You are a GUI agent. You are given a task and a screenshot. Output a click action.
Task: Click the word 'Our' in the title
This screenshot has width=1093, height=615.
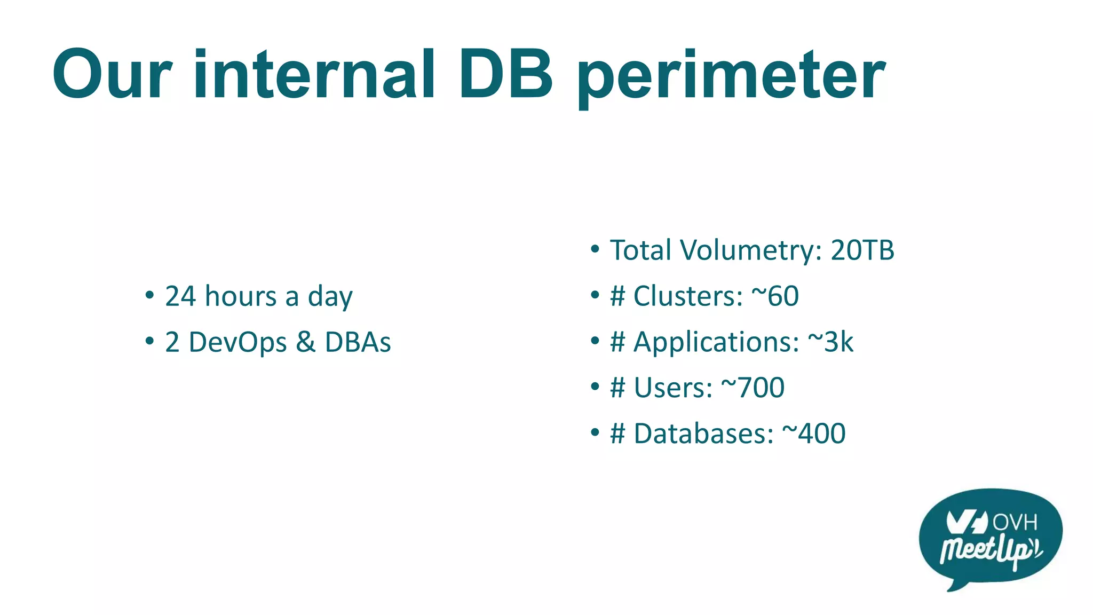tap(113, 75)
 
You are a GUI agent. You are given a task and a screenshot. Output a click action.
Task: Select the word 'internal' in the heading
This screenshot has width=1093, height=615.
tap(314, 75)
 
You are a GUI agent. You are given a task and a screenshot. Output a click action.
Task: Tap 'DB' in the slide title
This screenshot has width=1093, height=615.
tap(506, 75)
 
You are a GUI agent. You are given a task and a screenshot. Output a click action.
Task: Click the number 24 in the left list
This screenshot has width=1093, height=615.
tap(180, 296)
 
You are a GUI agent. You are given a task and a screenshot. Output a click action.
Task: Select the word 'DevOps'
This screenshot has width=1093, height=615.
tap(237, 342)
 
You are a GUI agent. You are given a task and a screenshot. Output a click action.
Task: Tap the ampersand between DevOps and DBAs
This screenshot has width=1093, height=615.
tap(305, 342)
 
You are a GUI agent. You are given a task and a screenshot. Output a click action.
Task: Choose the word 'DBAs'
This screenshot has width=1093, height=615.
tap(358, 342)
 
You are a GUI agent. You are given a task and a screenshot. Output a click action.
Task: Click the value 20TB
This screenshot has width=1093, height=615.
tap(862, 250)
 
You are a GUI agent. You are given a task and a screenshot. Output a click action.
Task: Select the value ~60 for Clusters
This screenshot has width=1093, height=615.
tap(775, 296)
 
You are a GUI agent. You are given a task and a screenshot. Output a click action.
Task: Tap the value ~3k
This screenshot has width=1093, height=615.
tap(830, 342)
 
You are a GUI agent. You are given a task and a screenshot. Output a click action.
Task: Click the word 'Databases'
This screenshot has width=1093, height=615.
tap(703, 433)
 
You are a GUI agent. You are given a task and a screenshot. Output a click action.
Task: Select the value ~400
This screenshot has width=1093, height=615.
tap(814, 433)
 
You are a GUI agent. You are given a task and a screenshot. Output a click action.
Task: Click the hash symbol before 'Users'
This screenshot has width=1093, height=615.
tap(617, 388)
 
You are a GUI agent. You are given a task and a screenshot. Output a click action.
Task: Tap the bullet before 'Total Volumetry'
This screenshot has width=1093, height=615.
tap(595, 249)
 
